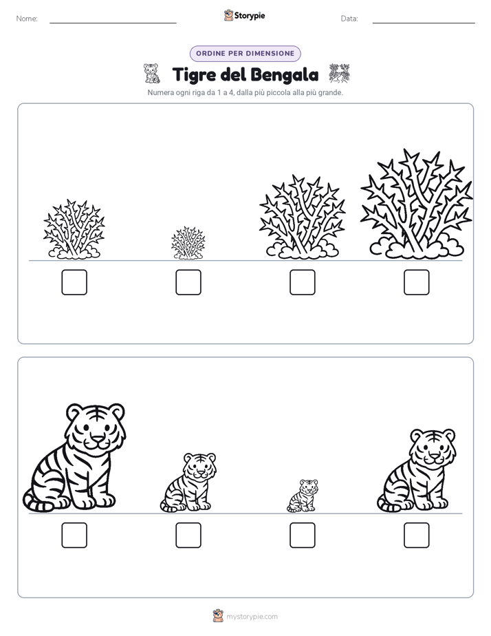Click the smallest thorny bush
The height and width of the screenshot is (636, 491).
[188, 243]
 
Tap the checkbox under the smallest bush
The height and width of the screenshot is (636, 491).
[188, 282]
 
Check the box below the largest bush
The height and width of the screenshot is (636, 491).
[417, 282]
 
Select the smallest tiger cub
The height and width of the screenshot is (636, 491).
[303, 496]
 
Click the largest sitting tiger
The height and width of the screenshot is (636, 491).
[74, 458]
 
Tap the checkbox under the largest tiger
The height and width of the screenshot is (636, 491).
[74, 536]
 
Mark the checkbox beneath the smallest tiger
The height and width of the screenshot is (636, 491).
[303, 536]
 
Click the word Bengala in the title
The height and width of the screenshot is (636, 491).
[285, 75]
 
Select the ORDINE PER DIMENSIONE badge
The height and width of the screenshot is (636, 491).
[245, 54]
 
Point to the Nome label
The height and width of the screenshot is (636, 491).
[27, 19]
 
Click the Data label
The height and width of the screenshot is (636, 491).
[349, 19]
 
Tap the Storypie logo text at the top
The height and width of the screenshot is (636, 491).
[250, 15]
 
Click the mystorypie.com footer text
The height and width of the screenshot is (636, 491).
[252, 617]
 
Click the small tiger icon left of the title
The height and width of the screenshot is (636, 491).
[151, 74]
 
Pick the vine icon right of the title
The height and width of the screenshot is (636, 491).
[339, 74]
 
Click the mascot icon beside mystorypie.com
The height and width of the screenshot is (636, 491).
[218, 616]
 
